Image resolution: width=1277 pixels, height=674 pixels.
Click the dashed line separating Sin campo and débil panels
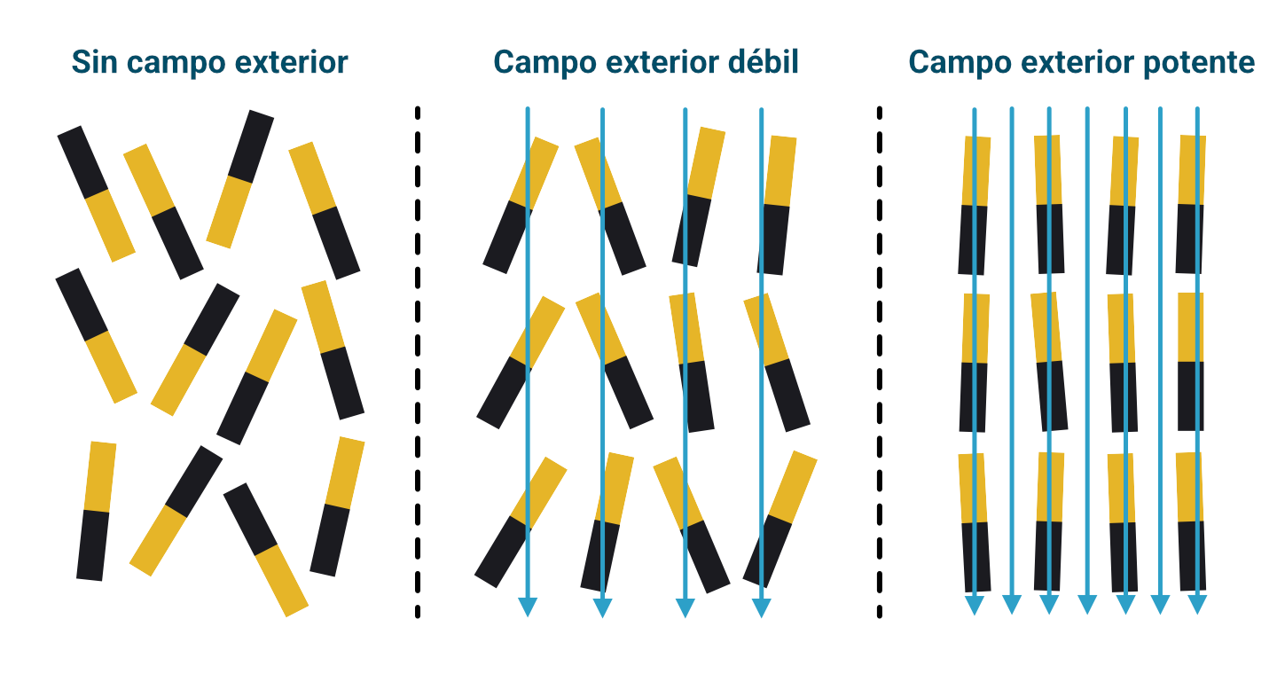[x=418, y=355]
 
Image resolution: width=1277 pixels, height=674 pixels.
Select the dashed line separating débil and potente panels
[x=880, y=355]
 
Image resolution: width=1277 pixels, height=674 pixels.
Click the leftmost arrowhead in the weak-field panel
[x=528, y=607]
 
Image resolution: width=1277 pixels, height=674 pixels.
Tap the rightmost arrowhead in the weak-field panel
[x=761, y=607]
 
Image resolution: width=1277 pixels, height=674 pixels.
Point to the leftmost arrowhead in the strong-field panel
[x=975, y=606]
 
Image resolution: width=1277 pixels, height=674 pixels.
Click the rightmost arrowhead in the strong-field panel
[x=1197, y=606]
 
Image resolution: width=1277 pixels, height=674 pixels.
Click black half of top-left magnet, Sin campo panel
[x=82, y=162]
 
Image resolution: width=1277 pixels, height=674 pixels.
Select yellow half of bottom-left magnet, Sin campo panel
[x=100, y=476]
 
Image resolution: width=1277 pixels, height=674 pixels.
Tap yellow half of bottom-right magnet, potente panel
[x=1189, y=487]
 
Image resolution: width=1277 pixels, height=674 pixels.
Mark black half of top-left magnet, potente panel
[x=973, y=239]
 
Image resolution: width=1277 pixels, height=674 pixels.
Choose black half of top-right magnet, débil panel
[x=773, y=239]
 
